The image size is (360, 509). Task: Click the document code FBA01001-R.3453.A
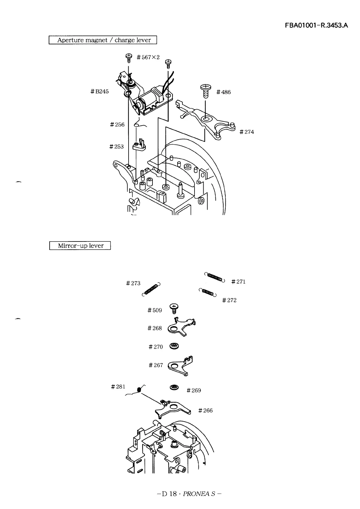(316, 25)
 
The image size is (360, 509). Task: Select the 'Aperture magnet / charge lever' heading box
(103, 40)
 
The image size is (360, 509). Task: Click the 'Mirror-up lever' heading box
(80, 245)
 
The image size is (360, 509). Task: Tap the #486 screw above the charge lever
(206, 91)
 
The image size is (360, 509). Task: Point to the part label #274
(247, 132)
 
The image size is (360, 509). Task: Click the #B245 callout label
(100, 91)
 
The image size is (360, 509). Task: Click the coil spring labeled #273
(151, 289)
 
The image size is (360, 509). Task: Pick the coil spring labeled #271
(214, 277)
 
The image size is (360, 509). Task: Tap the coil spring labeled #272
(208, 292)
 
